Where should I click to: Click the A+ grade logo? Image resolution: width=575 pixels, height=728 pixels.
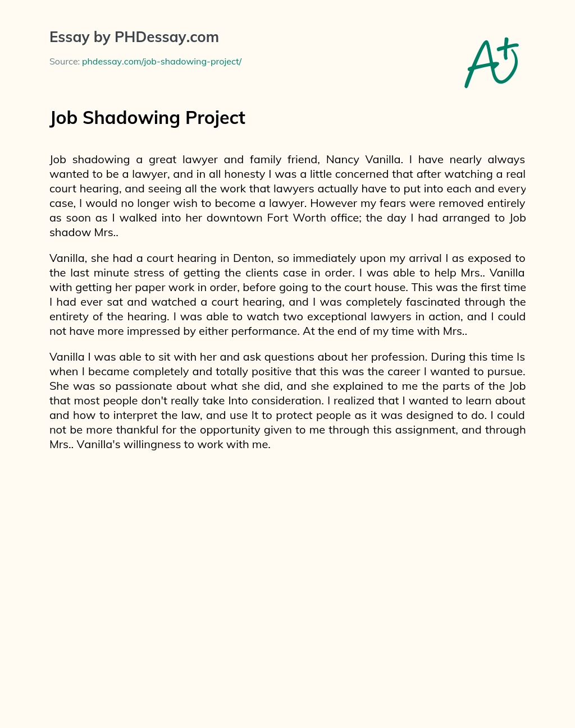click(491, 63)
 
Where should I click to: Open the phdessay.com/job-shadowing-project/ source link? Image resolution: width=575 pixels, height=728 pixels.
click(162, 62)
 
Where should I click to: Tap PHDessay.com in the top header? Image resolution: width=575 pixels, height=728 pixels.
click(166, 38)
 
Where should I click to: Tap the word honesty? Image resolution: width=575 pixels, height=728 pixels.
click(232, 174)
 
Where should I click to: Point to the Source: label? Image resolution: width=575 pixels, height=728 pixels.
click(65, 62)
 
